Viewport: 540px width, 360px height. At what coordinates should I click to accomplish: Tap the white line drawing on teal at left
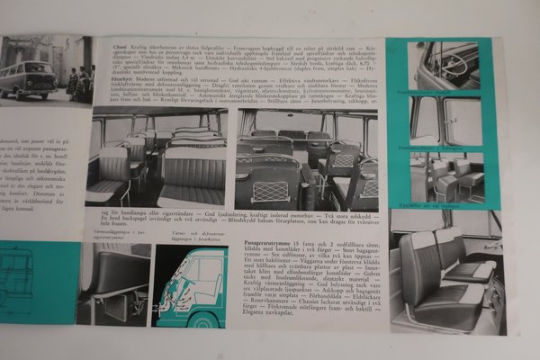coord(22,284)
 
